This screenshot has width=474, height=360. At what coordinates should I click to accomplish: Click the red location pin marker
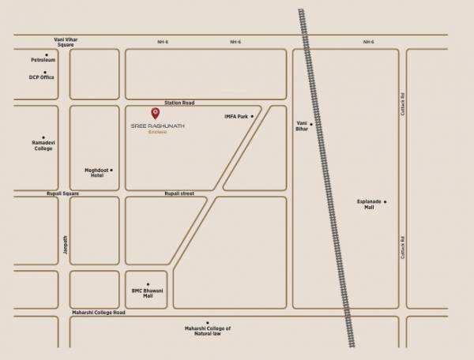coord(154,114)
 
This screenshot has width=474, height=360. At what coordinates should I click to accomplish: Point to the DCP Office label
coord(42,77)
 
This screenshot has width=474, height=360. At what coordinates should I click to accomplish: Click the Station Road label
coord(178,103)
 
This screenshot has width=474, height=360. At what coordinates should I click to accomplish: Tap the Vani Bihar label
coord(301,126)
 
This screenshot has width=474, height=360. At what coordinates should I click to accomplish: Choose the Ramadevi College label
coord(43,145)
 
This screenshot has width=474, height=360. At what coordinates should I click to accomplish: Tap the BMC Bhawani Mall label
coord(147,293)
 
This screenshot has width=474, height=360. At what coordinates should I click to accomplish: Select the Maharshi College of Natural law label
coord(208,332)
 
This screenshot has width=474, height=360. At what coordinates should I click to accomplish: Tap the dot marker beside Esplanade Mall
coord(386,202)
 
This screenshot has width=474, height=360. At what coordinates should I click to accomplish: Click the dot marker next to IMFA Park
coord(252,117)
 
